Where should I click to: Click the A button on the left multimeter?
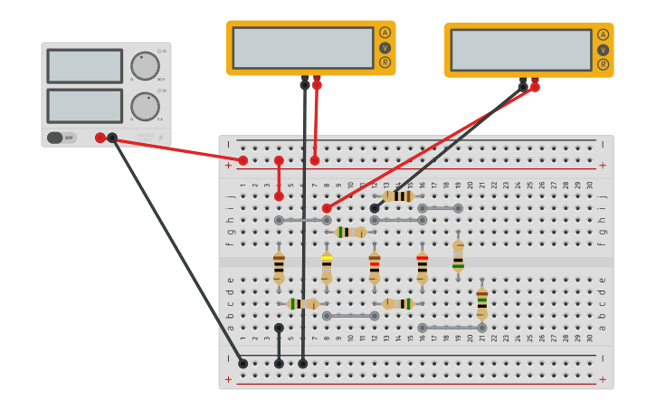pos(385,33)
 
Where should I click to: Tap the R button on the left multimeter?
pos(385,62)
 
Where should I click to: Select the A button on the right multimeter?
pos(603,34)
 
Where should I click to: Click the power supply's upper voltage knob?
pos(145,66)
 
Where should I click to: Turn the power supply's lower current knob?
pos(145,106)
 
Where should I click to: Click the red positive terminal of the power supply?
pos(100,138)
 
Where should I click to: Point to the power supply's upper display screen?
pos(85,66)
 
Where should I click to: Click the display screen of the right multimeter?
pos(521,50)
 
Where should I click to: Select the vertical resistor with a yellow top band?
pos(327,268)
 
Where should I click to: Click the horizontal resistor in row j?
pos(398,196)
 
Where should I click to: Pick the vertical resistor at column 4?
pos(279,268)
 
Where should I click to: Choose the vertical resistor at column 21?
pos(482,303)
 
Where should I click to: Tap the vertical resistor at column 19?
pos(458,255)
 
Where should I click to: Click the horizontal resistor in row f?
pos(350,233)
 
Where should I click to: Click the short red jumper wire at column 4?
pos(279,178)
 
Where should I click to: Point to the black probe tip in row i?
pos(375,208)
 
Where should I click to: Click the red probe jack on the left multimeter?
pos(317,83)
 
